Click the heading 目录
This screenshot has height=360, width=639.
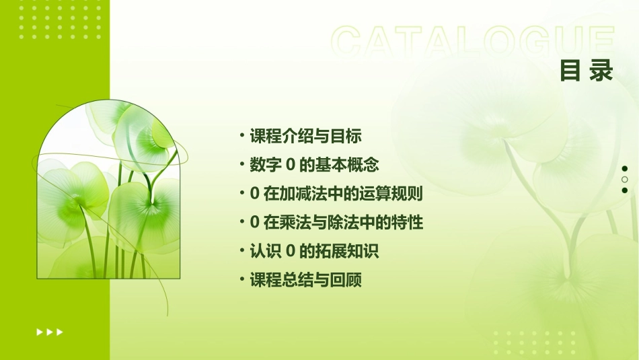pos(587,71)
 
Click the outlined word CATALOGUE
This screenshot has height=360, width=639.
pos(473,42)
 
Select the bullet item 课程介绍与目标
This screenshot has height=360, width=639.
pos(305,137)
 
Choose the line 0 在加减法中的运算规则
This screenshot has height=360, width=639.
pos(336,194)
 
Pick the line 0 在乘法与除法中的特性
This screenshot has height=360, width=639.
pos(336,223)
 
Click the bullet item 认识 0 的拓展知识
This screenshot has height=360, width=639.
pos(314,252)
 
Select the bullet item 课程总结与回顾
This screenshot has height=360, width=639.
pos(305,281)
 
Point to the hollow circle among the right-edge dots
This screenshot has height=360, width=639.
pos(625,180)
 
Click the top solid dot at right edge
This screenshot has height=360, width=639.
pos(625,168)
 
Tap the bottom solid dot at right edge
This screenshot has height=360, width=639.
pos(625,190)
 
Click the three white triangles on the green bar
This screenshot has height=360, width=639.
pos(50,332)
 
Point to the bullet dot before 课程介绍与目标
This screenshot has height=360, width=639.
pos(242,136)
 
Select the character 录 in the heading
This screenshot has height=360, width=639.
pos(601,71)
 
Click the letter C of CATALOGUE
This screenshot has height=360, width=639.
pos(350,42)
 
